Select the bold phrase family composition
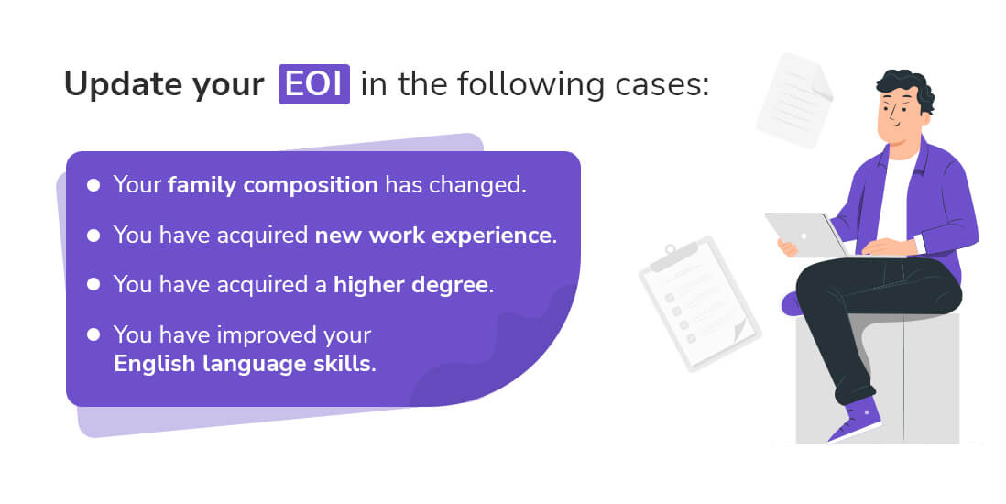(272, 185)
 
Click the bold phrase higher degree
(411, 284)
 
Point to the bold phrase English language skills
(244, 363)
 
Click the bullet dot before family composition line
(93, 185)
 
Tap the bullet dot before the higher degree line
(93, 284)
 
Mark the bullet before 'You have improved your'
(93, 334)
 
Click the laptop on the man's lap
(805, 235)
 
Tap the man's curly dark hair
(907, 88)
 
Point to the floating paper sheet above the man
(793, 101)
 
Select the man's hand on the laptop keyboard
(880, 247)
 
